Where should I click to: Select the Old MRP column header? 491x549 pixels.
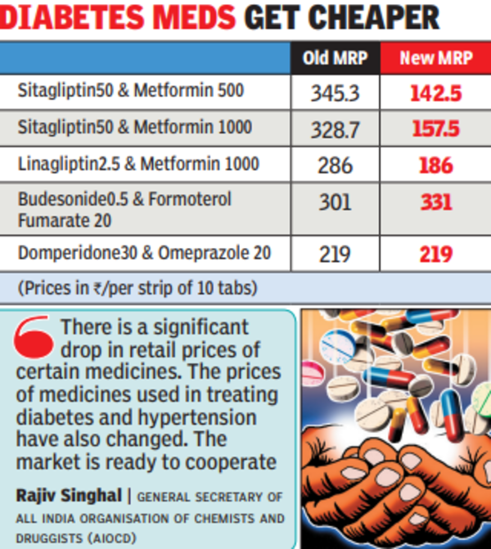336,59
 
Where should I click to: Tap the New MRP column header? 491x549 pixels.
435,59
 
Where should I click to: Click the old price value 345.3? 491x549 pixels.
335,93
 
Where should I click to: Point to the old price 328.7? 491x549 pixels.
335,129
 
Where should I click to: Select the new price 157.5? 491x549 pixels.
435,129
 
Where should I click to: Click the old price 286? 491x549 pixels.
335,165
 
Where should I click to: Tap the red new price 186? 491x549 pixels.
435,165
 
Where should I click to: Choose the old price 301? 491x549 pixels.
335,202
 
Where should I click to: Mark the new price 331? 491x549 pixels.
435,202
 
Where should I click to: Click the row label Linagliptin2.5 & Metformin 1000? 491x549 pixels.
138,164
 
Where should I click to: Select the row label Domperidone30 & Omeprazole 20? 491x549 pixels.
144,253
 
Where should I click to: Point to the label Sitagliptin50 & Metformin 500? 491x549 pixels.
131,92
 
